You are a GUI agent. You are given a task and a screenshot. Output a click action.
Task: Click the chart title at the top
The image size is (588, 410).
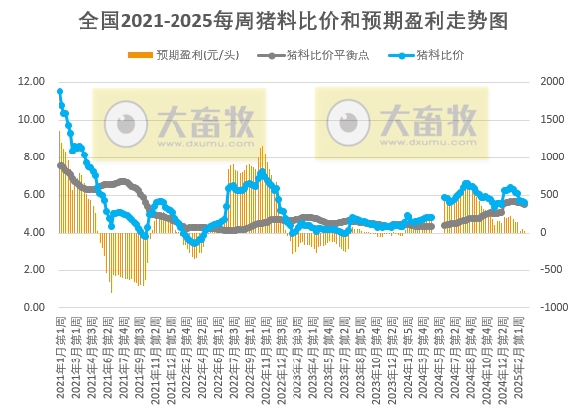point(294,20)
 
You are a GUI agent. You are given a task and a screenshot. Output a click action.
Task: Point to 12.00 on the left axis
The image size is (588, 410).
point(31,82)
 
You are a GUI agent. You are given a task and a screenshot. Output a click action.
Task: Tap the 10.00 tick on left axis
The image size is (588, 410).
point(31,120)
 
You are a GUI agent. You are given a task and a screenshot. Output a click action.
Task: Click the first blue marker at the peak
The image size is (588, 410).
point(59,92)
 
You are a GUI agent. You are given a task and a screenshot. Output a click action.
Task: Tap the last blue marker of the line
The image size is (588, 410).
point(525,203)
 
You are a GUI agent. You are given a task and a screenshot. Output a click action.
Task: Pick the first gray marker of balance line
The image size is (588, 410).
point(59,165)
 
